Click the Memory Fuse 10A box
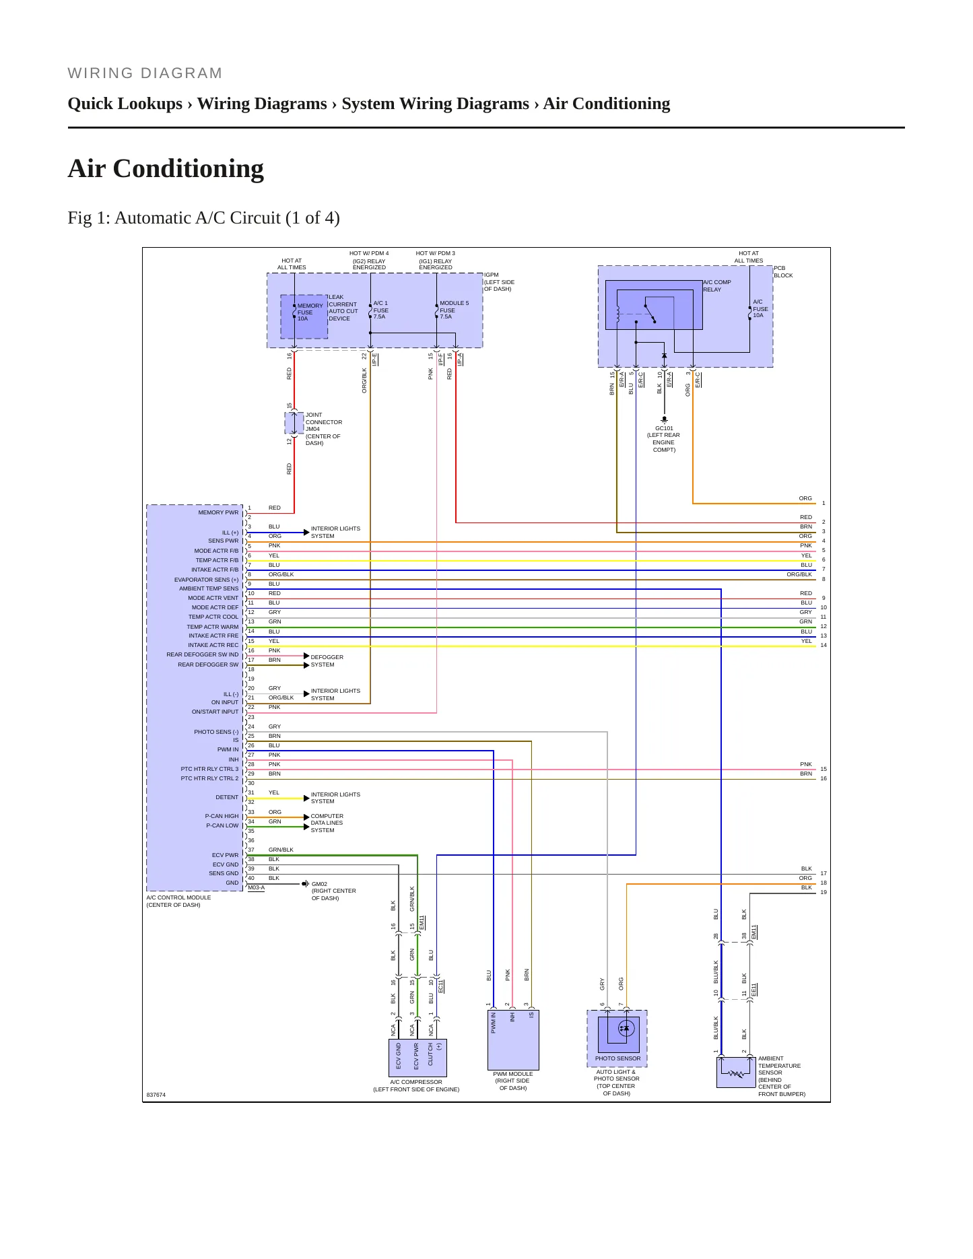click(304, 317)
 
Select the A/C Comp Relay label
click(717, 286)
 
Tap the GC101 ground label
click(664, 439)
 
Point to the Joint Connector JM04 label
click(324, 429)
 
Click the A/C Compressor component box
click(417, 1058)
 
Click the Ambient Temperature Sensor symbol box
click(736, 1072)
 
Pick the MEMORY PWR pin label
click(218, 512)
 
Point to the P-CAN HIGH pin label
click(222, 816)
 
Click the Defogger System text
click(327, 660)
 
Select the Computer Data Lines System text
click(327, 823)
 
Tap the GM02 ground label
click(334, 891)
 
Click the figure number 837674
click(156, 1095)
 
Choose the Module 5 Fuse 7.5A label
click(454, 310)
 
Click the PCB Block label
click(783, 271)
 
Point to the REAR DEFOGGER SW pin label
click(208, 665)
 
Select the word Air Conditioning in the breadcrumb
click(607, 104)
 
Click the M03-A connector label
click(256, 887)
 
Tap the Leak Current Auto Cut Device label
click(343, 308)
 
